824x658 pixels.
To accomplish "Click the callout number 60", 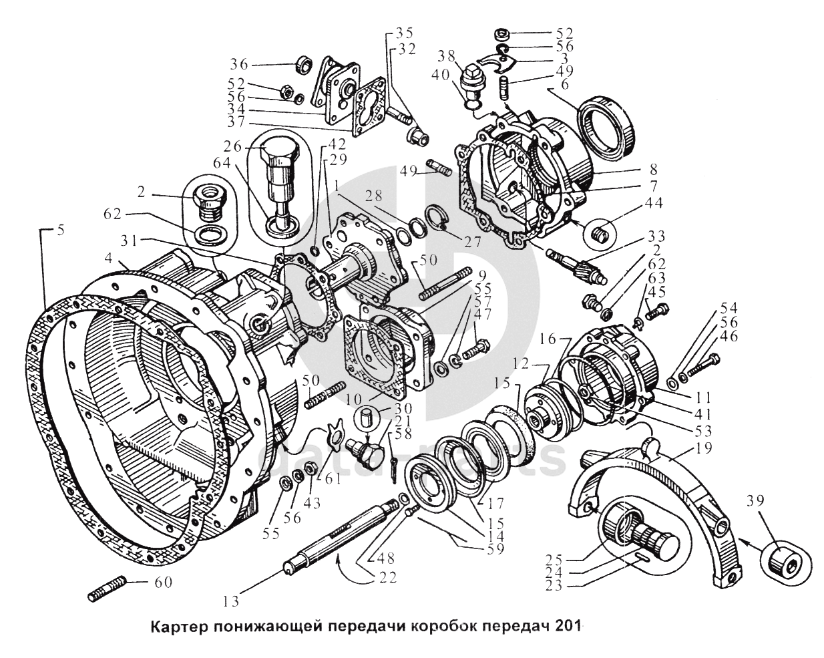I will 162,583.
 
